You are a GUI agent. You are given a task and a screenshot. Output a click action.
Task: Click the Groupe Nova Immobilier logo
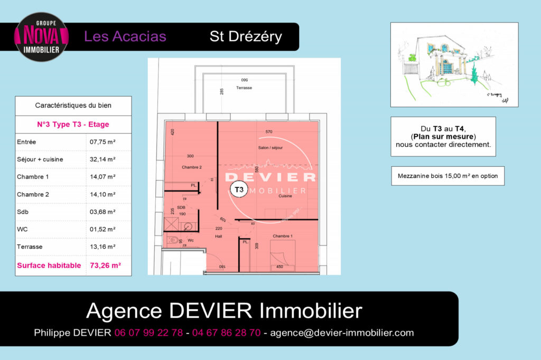point(41,36)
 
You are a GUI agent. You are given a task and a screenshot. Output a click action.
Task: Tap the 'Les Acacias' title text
point(125,36)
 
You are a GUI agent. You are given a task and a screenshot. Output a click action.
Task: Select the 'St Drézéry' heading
point(246,36)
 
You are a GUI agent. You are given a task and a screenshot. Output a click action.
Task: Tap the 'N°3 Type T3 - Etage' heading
point(73,125)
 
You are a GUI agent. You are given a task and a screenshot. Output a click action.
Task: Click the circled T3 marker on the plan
point(239,188)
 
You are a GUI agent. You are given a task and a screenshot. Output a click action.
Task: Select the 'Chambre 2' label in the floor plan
point(192,167)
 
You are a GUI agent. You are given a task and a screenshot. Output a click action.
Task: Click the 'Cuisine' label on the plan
point(286,196)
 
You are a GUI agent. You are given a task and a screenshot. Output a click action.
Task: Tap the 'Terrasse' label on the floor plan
point(244,88)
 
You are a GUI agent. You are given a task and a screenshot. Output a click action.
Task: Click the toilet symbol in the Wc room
point(173,241)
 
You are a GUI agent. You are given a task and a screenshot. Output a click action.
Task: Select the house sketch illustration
point(454,64)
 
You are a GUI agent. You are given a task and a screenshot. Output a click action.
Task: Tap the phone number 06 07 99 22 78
point(148,333)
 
